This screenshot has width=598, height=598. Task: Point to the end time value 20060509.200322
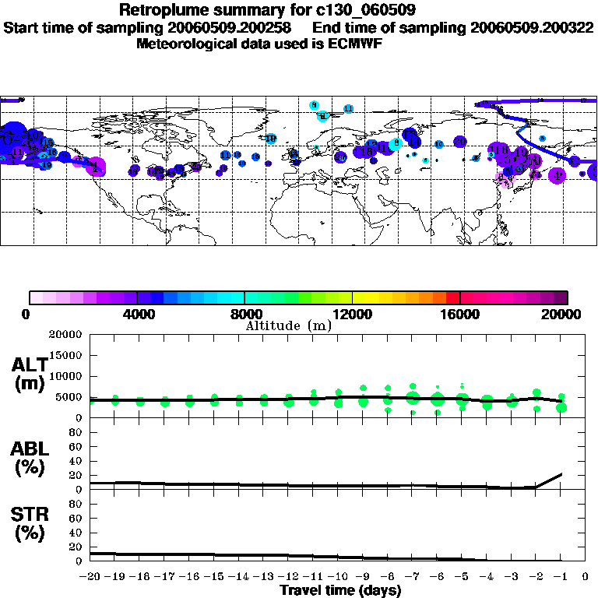pyautogui.click(x=531, y=28)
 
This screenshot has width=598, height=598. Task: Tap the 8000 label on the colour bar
pyautogui.click(x=244, y=314)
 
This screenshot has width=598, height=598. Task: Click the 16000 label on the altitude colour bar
pyautogui.click(x=459, y=314)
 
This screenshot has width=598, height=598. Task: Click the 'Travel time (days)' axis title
pyautogui.click(x=340, y=591)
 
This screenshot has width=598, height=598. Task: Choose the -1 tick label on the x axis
pyautogui.click(x=561, y=577)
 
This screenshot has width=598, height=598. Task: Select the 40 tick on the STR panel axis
pyautogui.click(x=75, y=533)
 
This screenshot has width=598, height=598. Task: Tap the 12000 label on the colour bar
pyautogui.click(x=352, y=314)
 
